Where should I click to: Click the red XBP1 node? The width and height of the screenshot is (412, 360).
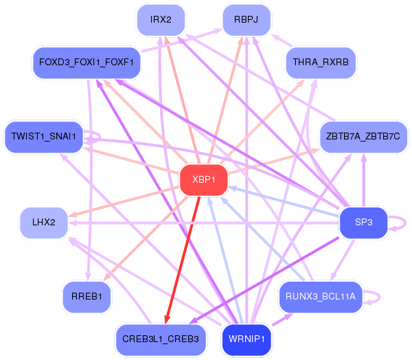click(x=204, y=180)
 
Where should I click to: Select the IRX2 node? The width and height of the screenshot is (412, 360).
click(x=161, y=20)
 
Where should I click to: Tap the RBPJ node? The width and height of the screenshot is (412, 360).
click(x=247, y=20)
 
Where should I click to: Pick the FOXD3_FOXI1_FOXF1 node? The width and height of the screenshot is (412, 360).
click(x=87, y=63)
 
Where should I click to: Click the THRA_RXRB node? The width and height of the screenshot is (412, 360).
click(x=321, y=63)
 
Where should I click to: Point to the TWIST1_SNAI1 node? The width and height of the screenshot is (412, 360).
click(x=44, y=137)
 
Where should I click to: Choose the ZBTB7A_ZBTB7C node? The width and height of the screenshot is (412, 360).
click(x=363, y=137)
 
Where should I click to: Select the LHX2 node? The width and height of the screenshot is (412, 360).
click(x=44, y=223)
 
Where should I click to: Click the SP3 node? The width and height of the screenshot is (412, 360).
click(x=363, y=223)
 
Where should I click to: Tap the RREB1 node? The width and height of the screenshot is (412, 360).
click(x=87, y=297)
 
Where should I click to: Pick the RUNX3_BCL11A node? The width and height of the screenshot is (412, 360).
click(x=321, y=297)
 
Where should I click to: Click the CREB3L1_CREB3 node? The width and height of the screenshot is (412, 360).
click(x=161, y=340)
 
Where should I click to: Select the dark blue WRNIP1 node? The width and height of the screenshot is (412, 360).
click(x=247, y=340)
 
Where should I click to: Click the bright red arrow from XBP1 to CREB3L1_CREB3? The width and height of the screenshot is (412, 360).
click(x=183, y=260)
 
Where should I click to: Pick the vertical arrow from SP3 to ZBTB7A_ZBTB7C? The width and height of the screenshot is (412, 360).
click(x=364, y=180)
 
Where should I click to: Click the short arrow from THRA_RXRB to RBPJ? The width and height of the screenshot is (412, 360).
click(x=282, y=41)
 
